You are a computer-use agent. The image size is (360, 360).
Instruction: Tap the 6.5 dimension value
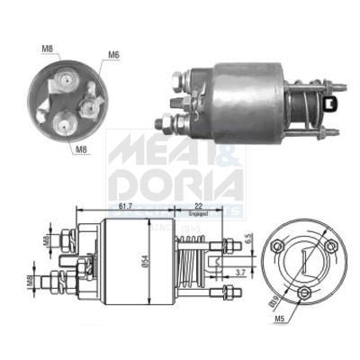pos(247,243)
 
